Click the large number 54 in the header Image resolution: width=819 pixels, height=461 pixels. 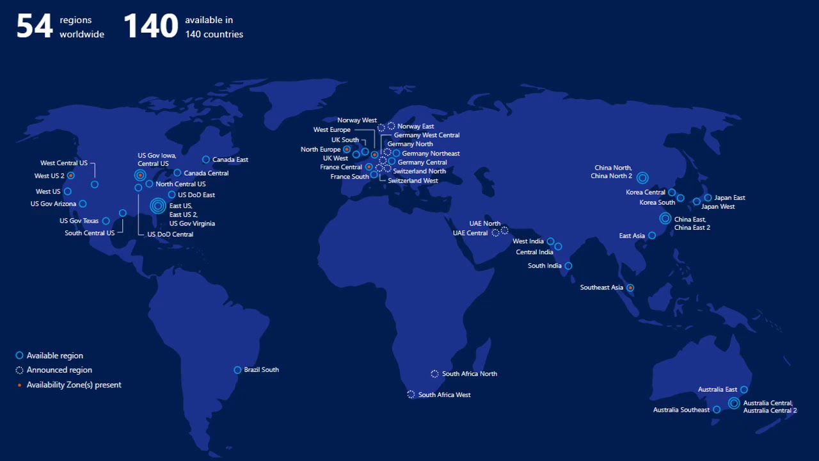click(x=35, y=27)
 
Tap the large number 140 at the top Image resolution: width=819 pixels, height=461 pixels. click(x=150, y=27)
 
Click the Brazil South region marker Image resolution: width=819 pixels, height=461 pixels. click(x=237, y=370)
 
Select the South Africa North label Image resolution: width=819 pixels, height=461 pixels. click(x=469, y=374)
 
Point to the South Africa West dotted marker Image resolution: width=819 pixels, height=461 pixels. click(x=411, y=394)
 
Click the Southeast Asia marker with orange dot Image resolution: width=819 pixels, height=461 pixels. click(x=630, y=288)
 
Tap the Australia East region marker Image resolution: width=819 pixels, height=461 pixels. click(x=743, y=389)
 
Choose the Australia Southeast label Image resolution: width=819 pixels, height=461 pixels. click(x=681, y=410)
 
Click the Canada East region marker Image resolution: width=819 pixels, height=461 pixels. click(x=206, y=159)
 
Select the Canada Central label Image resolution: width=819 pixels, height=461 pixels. click(x=206, y=174)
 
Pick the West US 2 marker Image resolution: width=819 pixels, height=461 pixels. click(x=71, y=175)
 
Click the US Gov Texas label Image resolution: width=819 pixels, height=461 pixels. click(x=79, y=221)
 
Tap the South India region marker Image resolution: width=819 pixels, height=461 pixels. click(x=568, y=266)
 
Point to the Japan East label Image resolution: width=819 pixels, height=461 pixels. click(x=729, y=198)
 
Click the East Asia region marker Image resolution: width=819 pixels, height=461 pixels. click(x=652, y=236)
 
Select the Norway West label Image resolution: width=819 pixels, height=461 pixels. click(x=357, y=120)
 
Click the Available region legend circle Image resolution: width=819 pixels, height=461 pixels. click(x=19, y=355)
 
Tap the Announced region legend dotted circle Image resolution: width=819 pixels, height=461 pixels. click(x=19, y=370)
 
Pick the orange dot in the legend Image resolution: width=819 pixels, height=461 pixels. click(x=19, y=385)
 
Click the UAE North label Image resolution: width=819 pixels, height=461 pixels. click(x=485, y=223)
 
